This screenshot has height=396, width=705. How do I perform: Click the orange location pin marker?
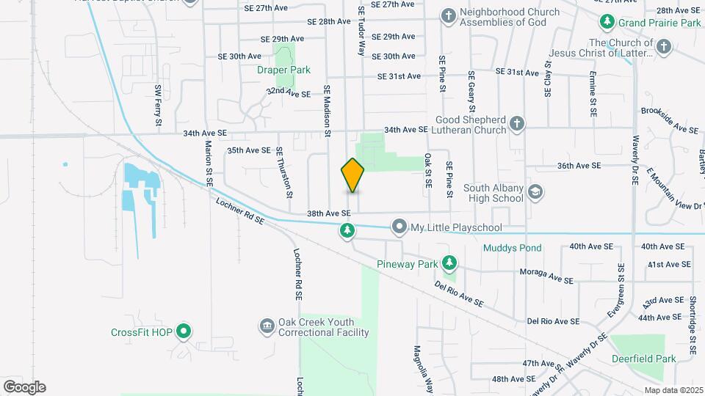[353, 175]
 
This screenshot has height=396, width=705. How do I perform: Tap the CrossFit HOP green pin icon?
[184, 332]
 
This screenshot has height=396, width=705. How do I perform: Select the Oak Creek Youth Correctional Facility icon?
[267, 325]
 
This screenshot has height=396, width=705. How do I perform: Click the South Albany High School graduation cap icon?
[535, 192]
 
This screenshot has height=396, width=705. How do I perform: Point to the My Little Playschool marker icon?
[399, 227]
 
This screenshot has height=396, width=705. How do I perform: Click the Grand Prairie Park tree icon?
[607, 23]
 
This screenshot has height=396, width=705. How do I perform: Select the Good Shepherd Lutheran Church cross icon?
[516, 123]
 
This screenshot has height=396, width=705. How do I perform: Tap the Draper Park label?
[283, 70]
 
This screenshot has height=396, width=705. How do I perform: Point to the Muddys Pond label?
[512, 248]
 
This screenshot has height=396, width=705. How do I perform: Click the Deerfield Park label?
[644, 359]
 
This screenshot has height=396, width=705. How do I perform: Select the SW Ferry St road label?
[158, 100]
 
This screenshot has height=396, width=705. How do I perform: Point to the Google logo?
[24, 387]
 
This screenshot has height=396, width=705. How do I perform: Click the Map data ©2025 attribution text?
[672, 390]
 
